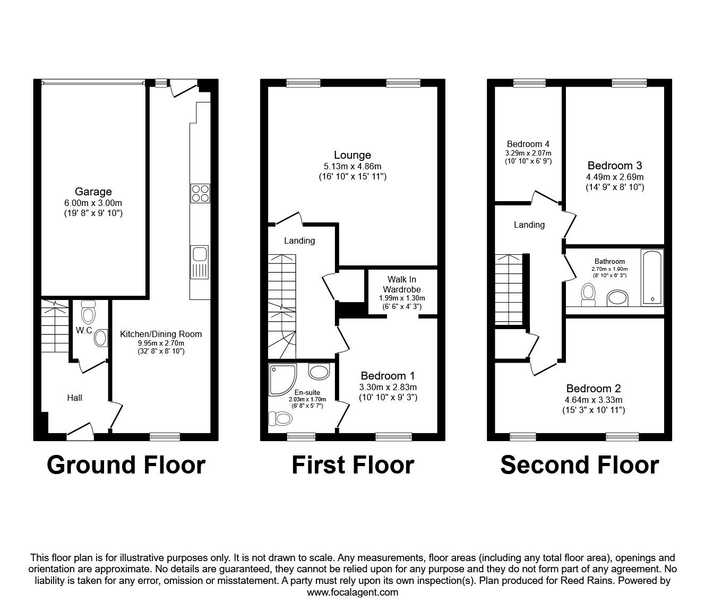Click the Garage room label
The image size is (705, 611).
tap(93, 192)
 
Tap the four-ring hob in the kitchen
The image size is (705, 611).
tap(200, 193)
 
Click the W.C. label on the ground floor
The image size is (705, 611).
tap(84, 330)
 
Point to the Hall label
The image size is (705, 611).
tap(74, 397)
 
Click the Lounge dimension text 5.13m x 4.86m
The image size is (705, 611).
tap(353, 166)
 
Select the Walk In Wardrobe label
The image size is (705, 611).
tap(403, 284)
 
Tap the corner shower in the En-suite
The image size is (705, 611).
tap(285, 380)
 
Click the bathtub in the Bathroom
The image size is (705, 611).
tap(652, 277)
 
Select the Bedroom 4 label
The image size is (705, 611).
tap(528, 144)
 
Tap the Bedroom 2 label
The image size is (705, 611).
tap(593, 389)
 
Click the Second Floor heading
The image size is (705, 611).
tap(579, 465)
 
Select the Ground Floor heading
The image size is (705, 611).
tap(126, 465)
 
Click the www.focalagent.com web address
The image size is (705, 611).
tap(353, 592)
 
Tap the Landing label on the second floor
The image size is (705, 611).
tap(529, 225)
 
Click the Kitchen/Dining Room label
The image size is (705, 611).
tap(161, 334)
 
